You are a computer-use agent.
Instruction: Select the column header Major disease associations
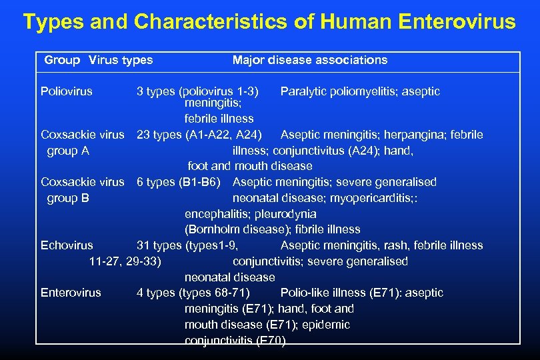click(309, 60)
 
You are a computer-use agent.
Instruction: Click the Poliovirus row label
click(67, 91)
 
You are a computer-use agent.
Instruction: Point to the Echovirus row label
click(67, 245)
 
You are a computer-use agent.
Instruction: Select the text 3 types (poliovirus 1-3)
click(198, 91)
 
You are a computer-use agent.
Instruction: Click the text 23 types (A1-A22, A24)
click(203, 135)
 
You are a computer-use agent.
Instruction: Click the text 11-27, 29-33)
click(125, 261)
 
